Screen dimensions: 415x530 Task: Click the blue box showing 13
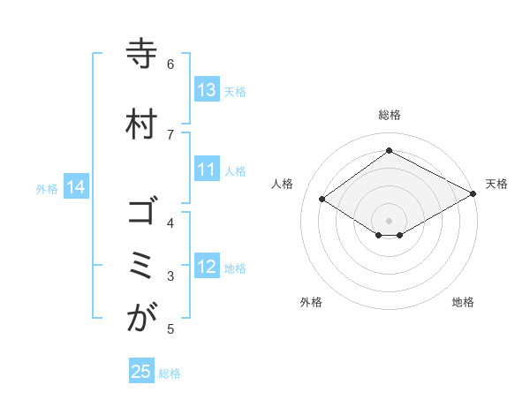point(207,90)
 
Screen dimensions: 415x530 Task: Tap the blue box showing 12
point(207,268)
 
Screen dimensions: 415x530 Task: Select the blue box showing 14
point(76,187)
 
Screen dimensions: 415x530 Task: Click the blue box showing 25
point(141,372)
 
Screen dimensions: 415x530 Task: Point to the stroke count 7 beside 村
point(170,133)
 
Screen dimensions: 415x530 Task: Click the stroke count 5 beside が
point(170,329)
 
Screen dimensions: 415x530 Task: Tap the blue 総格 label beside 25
point(170,373)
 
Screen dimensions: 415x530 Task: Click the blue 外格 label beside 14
point(47,188)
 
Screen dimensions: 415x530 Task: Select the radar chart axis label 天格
point(496,184)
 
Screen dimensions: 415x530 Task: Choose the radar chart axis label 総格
point(389,115)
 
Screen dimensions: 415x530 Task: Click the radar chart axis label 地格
point(463,302)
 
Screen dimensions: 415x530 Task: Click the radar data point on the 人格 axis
point(322,200)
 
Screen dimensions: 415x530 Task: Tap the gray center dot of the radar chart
point(389,219)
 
